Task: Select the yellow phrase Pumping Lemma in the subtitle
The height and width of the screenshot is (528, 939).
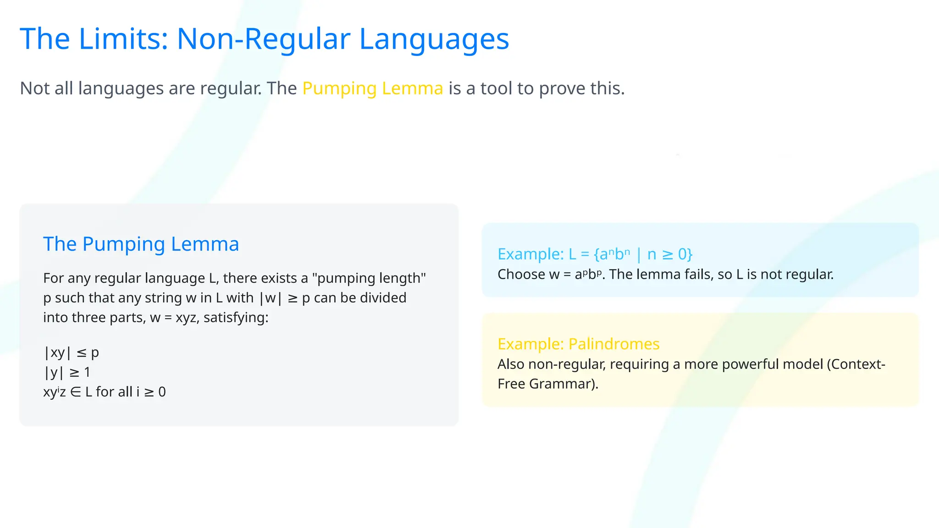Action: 373,88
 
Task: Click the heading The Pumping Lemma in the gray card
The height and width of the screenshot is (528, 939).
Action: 141,244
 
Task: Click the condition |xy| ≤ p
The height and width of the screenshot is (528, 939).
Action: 71,352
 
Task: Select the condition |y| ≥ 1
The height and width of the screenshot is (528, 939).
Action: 67,372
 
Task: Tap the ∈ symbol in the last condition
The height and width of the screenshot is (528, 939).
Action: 76,392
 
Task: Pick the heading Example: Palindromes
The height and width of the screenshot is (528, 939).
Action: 578,344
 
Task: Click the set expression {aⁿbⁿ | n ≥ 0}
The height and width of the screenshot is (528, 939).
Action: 643,254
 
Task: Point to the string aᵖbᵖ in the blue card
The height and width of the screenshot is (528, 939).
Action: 588,275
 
